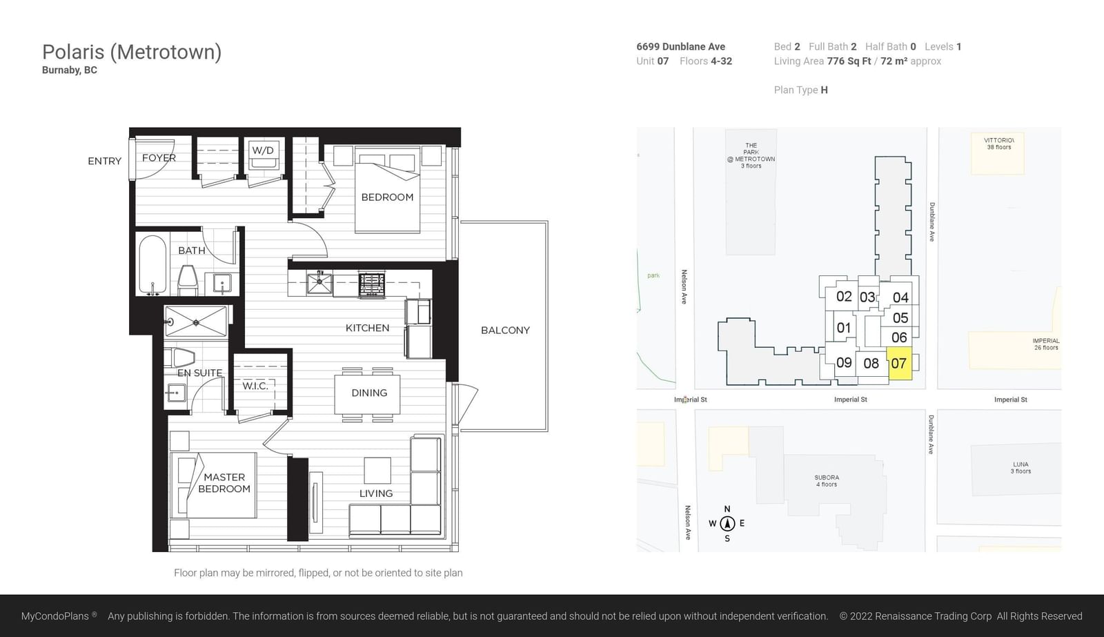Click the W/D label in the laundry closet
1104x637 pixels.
click(263, 150)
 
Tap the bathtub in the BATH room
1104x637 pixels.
click(152, 265)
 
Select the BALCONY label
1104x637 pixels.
click(505, 331)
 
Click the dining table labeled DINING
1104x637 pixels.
click(367, 395)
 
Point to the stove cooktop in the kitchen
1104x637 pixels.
click(372, 285)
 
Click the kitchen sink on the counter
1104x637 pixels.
click(319, 284)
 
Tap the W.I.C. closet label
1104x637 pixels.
click(255, 386)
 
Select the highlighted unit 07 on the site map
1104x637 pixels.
click(900, 364)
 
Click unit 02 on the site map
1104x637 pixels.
click(844, 296)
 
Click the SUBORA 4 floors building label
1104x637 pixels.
click(827, 481)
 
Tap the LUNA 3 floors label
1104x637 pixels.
click(1021, 467)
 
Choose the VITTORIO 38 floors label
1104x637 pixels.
click(999, 144)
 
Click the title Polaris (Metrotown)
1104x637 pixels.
click(132, 52)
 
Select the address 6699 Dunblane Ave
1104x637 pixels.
click(680, 46)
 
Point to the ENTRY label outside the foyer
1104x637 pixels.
click(104, 161)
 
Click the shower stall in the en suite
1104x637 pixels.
click(196, 322)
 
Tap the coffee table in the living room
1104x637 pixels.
click(377, 471)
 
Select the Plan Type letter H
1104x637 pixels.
click(824, 90)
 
